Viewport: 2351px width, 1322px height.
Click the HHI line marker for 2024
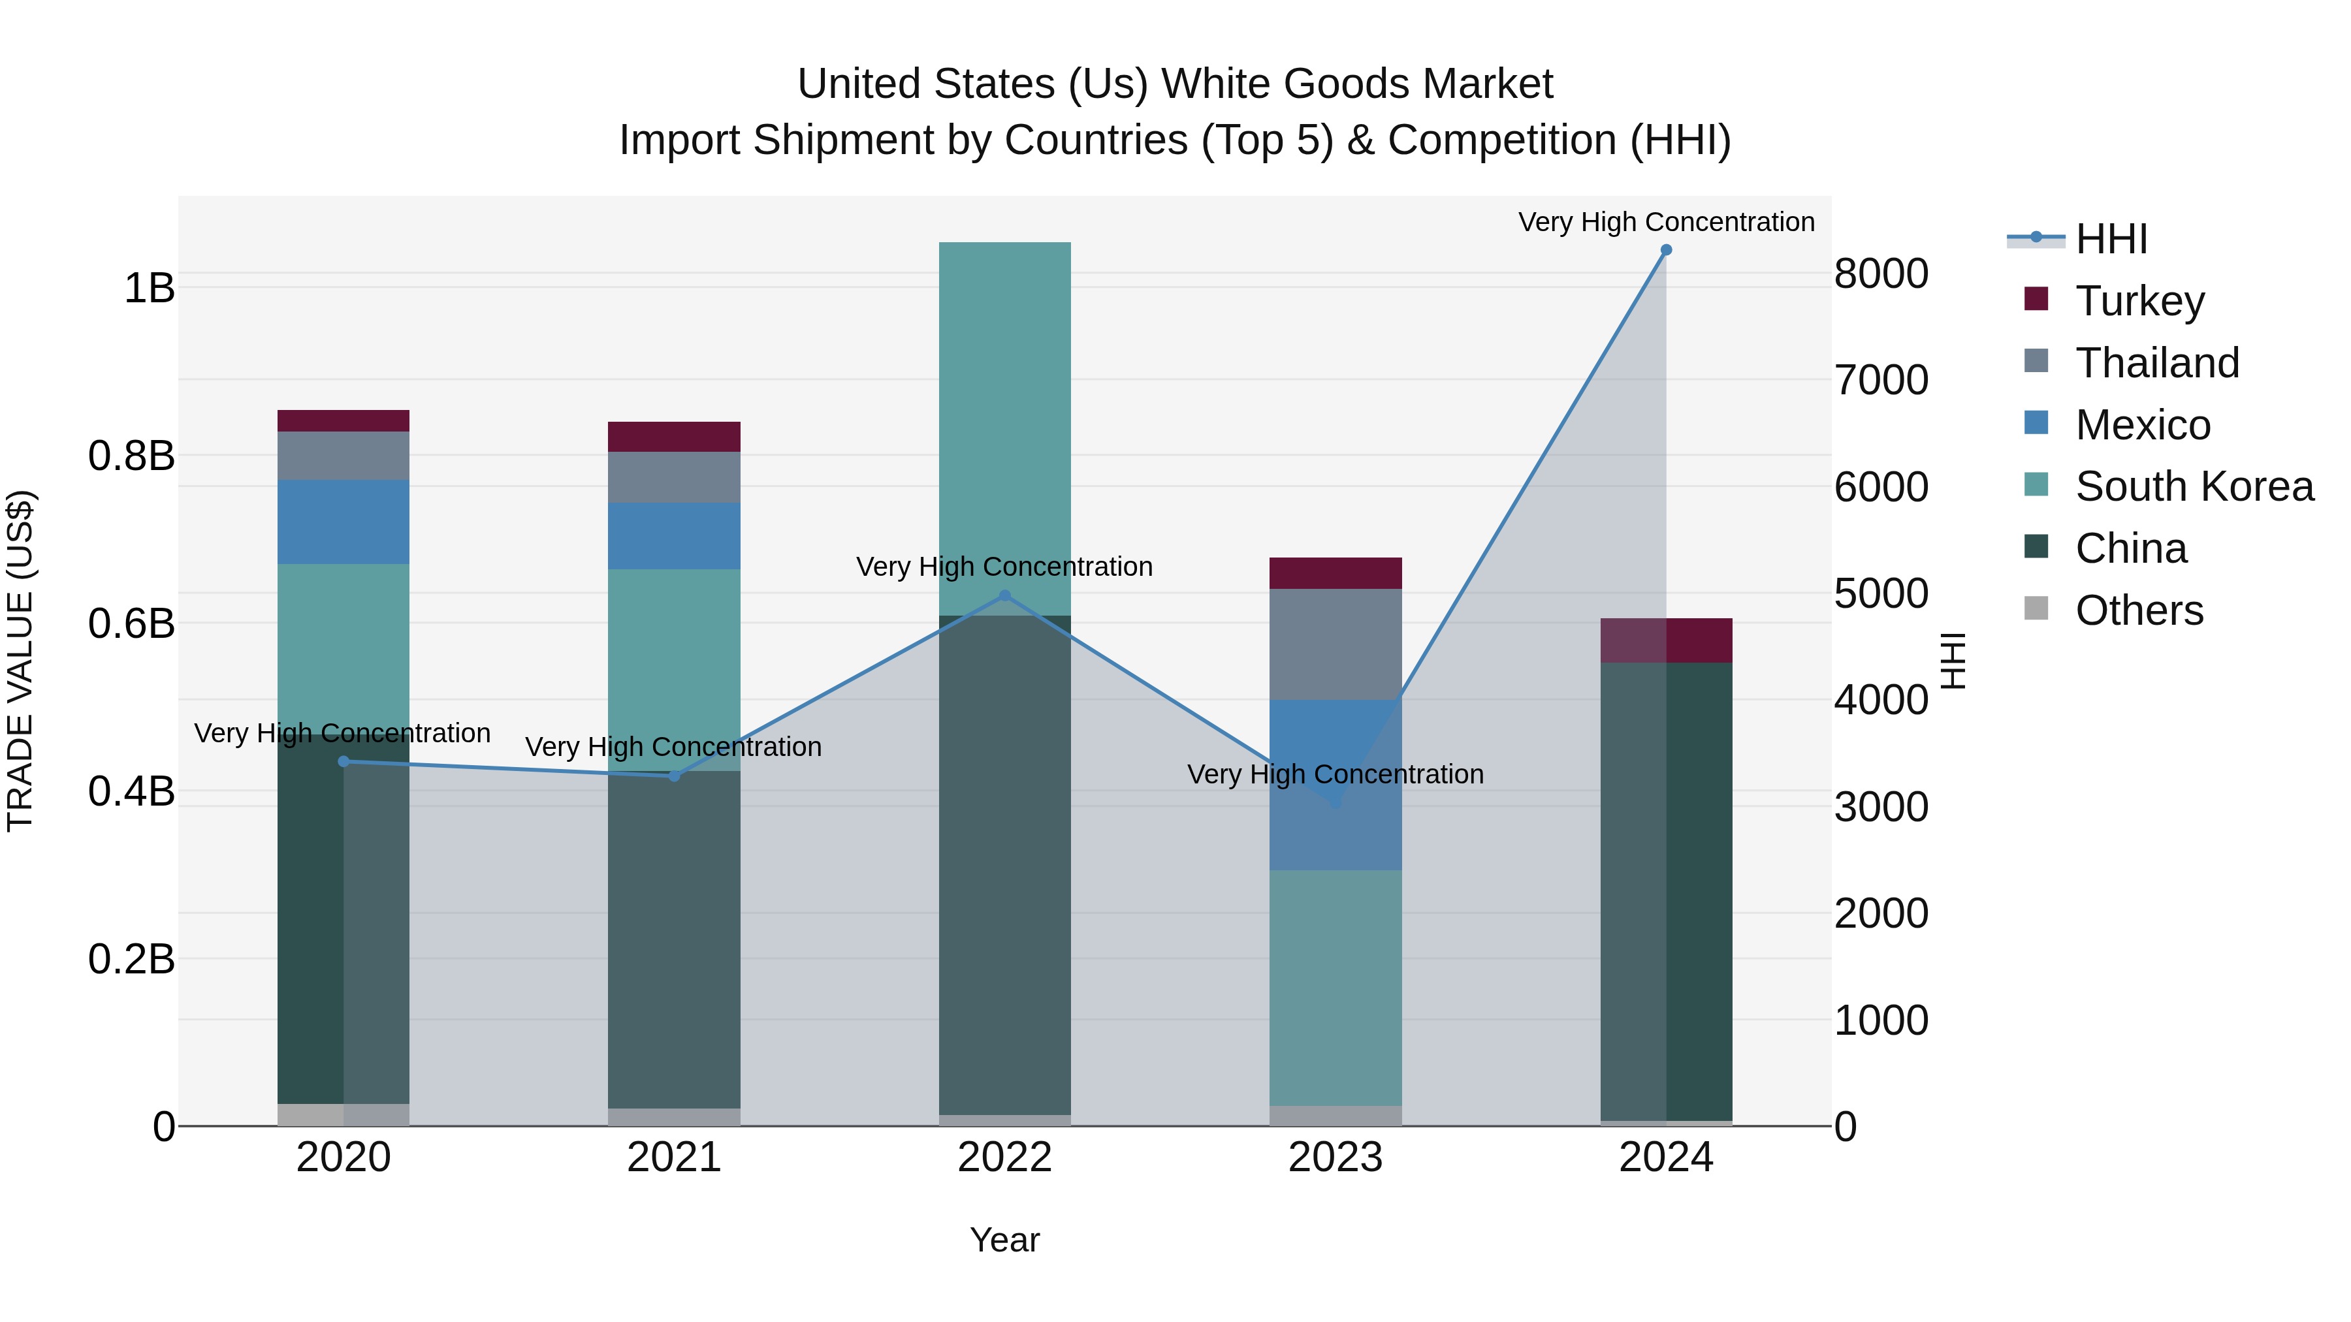point(1665,250)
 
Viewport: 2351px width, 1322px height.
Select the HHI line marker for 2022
point(1005,596)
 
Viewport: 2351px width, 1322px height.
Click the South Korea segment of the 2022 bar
point(1005,429)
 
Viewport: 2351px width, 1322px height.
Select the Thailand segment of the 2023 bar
point(1335,644)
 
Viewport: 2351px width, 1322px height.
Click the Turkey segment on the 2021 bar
point(675,437)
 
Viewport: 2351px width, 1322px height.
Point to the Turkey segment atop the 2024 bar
point(1665,640)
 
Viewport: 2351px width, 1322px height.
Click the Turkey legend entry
point(2139,301)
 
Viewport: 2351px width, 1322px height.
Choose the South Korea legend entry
point(2194,486)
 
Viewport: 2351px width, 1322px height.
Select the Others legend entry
point(2139,610)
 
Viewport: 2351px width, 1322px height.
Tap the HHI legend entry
point(2111,239)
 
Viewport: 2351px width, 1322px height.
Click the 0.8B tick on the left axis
point(131,456)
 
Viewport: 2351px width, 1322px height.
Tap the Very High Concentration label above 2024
point(1665,223)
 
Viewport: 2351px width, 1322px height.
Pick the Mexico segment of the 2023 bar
point(1335,785)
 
